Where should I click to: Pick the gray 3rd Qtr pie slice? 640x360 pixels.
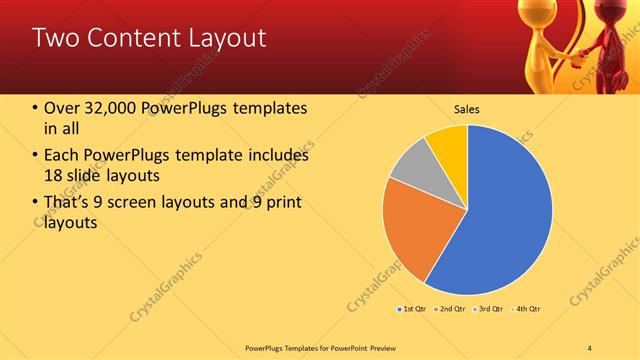click(x=410, y=165)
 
